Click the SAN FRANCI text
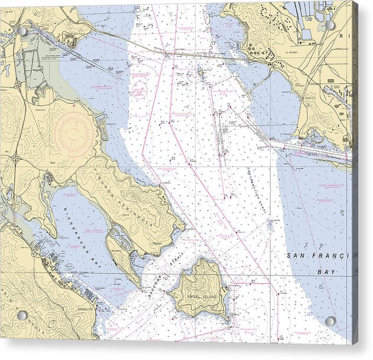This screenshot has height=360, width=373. [x=318, y=255]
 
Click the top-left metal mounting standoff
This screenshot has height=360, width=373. [x=22, y=30]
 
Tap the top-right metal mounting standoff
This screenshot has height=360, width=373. [x=330, y=26]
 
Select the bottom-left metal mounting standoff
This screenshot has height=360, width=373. [x=22, y=315]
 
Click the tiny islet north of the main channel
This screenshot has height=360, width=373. [x=200, y=72]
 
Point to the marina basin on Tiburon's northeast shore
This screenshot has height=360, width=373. [x=100, y=126]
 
